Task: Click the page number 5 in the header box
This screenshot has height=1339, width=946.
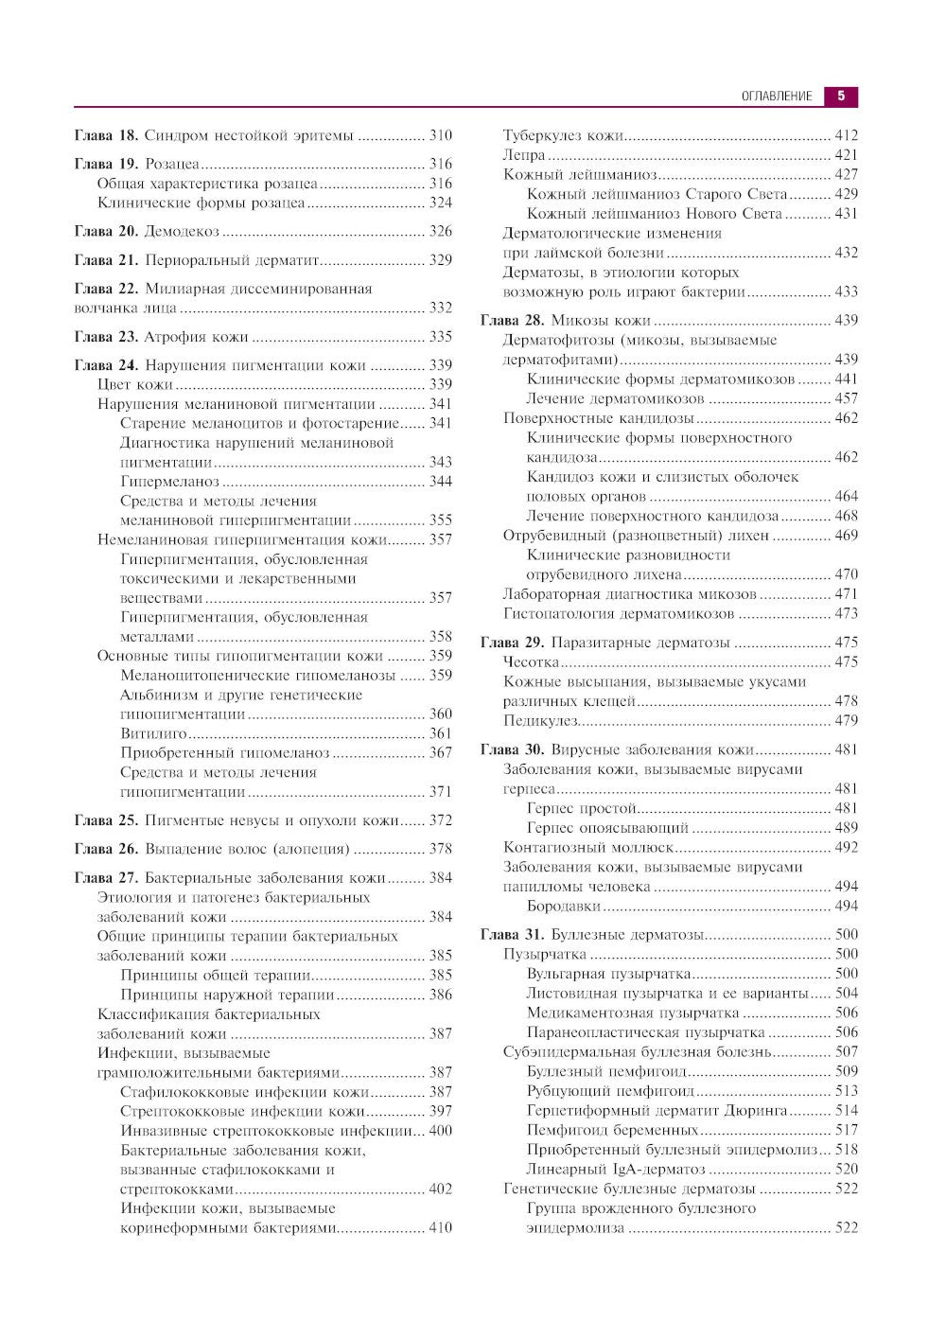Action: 841,96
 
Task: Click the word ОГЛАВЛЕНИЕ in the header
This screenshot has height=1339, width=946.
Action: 776,97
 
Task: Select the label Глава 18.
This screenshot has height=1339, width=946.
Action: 106,135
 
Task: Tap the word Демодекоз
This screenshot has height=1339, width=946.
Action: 182,232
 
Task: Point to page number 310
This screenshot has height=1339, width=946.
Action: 440,135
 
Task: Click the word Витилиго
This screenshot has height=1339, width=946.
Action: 154,733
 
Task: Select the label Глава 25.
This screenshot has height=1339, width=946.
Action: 106,820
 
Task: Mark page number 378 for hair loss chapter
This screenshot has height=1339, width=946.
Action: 440,850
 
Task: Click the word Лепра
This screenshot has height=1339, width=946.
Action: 524,155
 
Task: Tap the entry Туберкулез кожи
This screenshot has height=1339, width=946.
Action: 563,135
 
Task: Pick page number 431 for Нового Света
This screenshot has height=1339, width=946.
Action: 846,214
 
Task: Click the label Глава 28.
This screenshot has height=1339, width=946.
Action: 512,321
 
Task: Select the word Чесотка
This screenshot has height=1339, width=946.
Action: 531,662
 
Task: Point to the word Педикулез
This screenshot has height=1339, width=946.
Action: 539,721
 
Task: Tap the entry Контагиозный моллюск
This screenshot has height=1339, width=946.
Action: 587,848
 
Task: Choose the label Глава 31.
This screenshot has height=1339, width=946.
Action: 512,935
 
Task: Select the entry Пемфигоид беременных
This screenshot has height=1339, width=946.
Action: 612,1130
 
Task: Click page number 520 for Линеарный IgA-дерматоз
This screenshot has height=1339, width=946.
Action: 846,1170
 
